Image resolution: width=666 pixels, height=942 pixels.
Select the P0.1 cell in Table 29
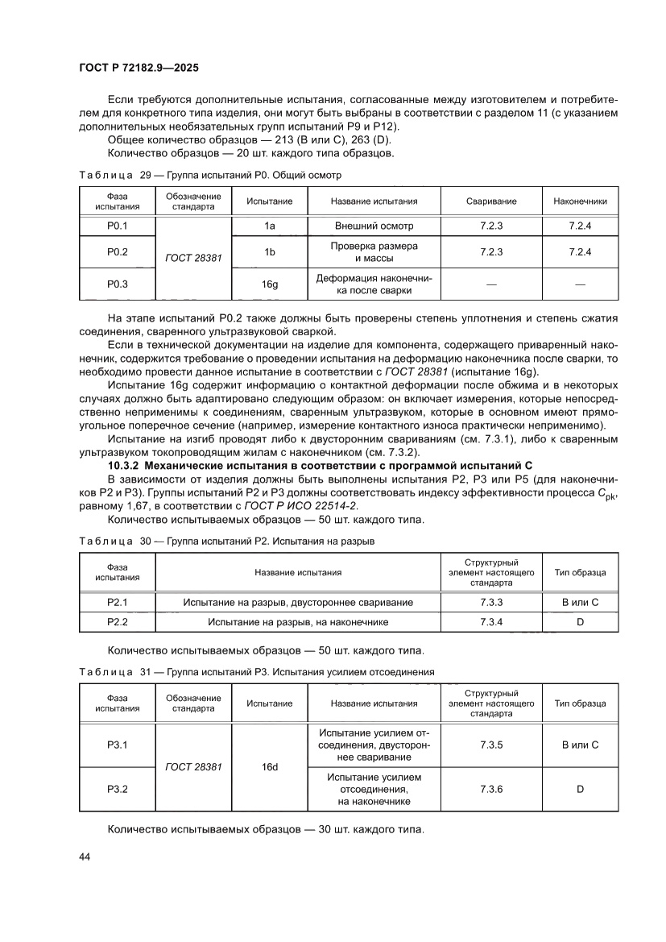point(118,226)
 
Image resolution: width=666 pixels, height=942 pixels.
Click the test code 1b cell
point(270,252)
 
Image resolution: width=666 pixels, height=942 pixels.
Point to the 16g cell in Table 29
point(270,284)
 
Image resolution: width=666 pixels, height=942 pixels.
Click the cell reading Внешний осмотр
point(374,226)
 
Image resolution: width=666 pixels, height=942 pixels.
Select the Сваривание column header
point(491,201)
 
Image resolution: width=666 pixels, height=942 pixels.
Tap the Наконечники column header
point(580,201)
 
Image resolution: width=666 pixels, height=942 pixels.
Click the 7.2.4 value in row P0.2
point(580,252)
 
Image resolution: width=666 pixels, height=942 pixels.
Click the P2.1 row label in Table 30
point(118,602)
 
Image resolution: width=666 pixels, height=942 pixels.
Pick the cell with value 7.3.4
point(491,622)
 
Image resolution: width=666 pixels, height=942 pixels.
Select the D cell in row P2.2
point(580,622)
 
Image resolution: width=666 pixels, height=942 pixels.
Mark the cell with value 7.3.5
point(491,745)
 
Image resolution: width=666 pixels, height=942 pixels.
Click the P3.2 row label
point(118,789)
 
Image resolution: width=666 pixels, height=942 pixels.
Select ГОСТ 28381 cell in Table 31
point(193,767)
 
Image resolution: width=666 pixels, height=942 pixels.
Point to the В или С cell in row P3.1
point(580,745)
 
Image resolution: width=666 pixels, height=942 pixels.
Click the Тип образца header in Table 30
point(580,573)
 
